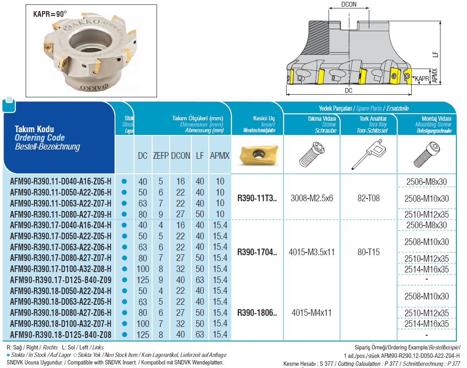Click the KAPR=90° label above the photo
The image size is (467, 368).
coord(50,14)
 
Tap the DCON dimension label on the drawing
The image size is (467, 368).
coord(349,4)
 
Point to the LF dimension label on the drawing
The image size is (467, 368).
coord(436,54)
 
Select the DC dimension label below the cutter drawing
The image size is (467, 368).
coord(348,91)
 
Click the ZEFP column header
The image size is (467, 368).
coord(161,156)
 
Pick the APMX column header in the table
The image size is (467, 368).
coord(219,156)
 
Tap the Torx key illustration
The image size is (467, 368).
coord(369,155)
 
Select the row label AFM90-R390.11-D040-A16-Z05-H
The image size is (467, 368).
coord(61,181)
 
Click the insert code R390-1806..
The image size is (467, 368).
coord(257,313)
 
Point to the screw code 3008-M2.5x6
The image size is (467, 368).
coord(312,198)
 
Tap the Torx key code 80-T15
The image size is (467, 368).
coord(368,253)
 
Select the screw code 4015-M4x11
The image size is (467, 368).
coord(312,313)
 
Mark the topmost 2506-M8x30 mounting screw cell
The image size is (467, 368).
coord(426,181)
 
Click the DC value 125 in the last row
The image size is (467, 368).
coord(142,335)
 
